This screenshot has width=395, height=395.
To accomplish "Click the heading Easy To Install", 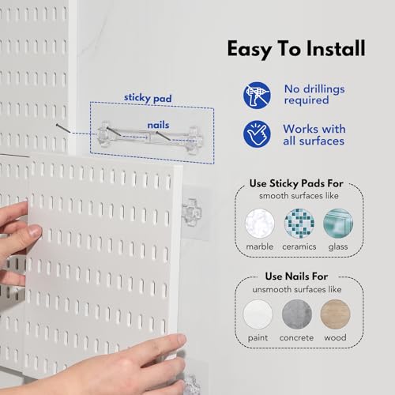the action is pyautogui.click(x=296, y=49).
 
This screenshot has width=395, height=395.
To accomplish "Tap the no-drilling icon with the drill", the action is pyautogui.click(x=257, y=96).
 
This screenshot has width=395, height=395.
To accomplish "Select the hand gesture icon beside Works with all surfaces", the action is pyautogui.click(x=257, y=134).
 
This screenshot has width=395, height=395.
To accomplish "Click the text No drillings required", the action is pyautogui.click(x=314, y=95).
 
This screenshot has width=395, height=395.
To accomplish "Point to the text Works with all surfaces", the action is pyautogui.click(x=314, y=135).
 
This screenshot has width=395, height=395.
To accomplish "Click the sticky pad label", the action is pyautogui.click(x=148, y=98).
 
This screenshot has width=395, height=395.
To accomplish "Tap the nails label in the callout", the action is pyautogui.click(x=158, y=125).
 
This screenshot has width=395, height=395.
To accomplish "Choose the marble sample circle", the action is pyautogui.click(x=260, y=224).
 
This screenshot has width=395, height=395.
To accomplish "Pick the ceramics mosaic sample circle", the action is pyautogui.click(x=299, y=224).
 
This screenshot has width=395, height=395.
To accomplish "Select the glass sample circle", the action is pyautogui.click(x=338, y=224).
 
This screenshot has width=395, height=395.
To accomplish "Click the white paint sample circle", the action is pyautogui.click(x=258, y=314).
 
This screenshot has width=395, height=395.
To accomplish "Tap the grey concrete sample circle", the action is pyautogui.click(x=297, y=314).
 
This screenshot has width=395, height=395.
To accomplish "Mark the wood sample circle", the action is pyautogui.click(x=335, y=314).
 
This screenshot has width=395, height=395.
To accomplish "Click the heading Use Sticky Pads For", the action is pyautogui.click(x=296, y=183).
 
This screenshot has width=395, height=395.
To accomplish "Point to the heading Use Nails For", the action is pyautogui.click(x=296, y=276).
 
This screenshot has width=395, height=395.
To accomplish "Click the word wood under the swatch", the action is pyautogui.click(x=335, y=337).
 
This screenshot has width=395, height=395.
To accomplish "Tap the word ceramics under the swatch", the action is pyautogui.click(x=299, y=246).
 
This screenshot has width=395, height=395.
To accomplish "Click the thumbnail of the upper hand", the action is pyautogui.click(x=36, y=231).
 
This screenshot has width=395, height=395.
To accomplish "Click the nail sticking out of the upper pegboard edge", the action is pyautogui.click(x=63, y=128).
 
